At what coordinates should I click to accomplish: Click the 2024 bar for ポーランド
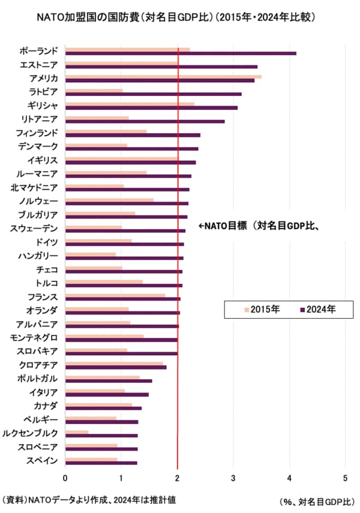point(180,53)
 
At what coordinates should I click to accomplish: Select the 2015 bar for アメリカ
point(163,76)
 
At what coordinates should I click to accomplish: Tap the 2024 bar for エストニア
point(161,67)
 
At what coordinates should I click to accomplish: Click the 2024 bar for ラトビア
point(153,94)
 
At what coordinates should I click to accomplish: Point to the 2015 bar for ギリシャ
point(129,104)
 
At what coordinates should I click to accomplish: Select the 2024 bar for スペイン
point(101,463)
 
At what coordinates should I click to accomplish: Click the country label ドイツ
point(47,242)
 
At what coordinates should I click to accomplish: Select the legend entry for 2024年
point(317,310)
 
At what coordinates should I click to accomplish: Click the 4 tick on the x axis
point(289,478)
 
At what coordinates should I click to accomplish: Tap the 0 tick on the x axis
point(65,478)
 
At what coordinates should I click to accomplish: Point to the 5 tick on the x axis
point(345,478)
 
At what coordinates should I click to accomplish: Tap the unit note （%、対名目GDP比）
point(316,501)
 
